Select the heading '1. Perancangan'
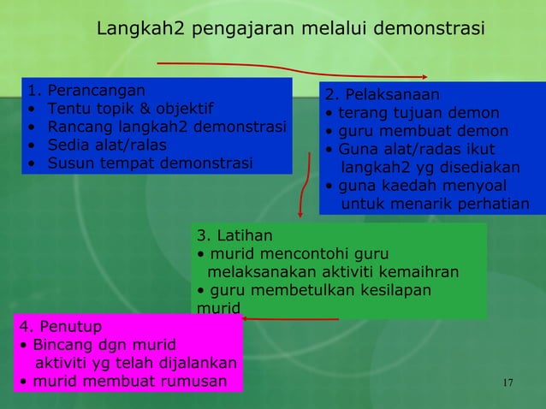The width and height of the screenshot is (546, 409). coord(86,90)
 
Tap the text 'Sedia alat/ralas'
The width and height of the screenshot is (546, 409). coord(107,145)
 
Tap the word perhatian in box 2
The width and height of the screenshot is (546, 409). coord(490,204)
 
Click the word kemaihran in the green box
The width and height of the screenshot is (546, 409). coord(421,273)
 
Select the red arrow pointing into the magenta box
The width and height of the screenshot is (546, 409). coord(291,319)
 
